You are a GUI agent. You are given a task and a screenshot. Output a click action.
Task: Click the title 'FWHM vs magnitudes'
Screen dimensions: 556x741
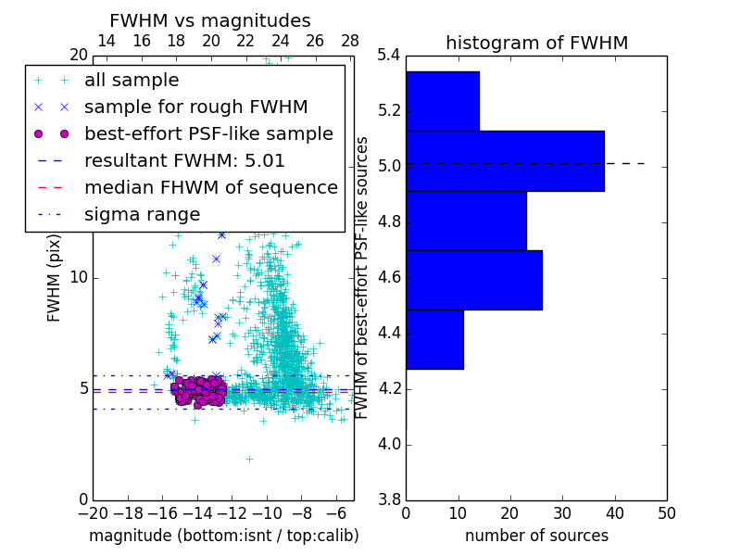point(210,21)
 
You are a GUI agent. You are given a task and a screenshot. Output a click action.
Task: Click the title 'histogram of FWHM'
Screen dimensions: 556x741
point(536,44)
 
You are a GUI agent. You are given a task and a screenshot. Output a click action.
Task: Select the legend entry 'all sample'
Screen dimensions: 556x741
point(132,81)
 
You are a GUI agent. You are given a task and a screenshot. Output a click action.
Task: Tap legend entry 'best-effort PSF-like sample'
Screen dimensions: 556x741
point(208,134)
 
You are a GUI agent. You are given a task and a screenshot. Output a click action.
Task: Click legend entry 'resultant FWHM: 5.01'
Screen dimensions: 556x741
point(184,161)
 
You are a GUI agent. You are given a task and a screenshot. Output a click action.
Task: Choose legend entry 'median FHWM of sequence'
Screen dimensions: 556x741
point(210,188)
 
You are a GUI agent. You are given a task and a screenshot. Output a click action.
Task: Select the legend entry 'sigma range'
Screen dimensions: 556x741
point(142,215)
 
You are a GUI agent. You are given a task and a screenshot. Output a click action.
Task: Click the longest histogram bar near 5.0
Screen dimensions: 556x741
point(505,161)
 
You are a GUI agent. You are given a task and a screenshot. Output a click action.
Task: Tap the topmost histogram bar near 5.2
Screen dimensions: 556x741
point(442,101)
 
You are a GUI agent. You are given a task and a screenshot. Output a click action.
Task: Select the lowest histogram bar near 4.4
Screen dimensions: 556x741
point(434,339)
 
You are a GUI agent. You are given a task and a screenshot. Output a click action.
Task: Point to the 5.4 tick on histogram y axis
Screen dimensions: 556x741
point(390,55)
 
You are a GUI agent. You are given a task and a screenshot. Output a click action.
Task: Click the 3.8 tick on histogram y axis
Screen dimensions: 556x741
point(390,499)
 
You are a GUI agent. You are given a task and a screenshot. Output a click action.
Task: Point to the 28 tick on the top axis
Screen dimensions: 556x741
point(350,41)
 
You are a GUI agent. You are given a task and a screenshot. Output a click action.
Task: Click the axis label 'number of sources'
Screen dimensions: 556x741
point(536,536)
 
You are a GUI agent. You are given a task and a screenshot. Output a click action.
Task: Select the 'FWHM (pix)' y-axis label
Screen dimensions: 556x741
point(55,277)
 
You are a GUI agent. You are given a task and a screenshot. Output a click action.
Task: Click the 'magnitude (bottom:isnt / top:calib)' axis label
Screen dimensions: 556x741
point(223,536)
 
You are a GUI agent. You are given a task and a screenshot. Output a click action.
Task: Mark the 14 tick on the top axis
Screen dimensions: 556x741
point(107,41)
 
